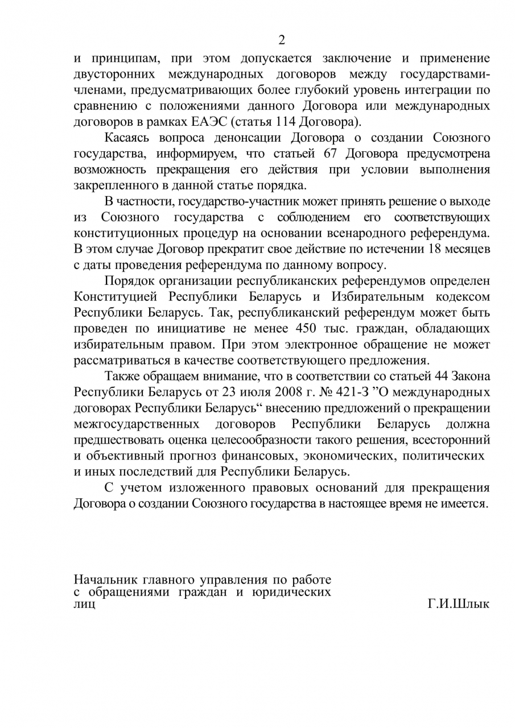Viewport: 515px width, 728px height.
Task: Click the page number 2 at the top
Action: coord(281,40)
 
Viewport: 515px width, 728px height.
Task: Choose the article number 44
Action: coord(444,376)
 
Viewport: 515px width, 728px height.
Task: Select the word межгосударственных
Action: coord(137,424)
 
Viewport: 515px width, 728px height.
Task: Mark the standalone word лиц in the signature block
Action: coord(84,604)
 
